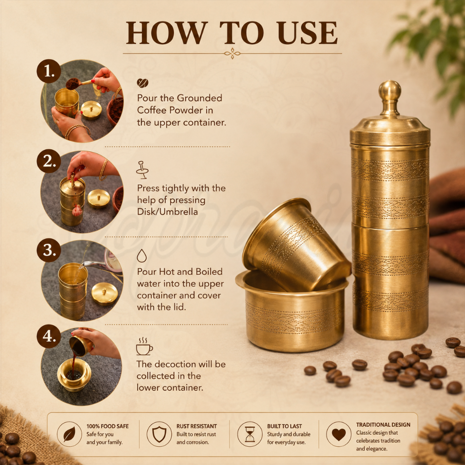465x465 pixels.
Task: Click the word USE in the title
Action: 308,33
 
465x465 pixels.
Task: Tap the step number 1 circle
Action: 49,71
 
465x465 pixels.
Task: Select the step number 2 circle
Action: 49,161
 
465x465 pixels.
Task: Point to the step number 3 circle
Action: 49,250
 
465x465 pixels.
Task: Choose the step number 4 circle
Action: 49,336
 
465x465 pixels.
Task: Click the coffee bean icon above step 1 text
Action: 142,83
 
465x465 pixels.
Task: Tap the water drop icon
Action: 142,256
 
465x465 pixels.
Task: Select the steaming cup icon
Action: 144,346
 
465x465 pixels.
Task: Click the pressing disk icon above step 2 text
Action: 142,170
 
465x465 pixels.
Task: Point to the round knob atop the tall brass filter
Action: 390,90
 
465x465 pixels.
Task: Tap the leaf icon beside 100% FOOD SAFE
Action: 69,434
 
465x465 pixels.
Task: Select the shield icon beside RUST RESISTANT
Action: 159,434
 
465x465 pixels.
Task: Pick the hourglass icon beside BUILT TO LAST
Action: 250,434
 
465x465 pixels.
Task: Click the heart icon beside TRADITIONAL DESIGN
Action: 339,435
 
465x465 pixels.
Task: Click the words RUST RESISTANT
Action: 197,426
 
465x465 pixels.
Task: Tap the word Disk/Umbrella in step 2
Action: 167,212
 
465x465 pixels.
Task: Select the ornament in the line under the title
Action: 232,54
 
